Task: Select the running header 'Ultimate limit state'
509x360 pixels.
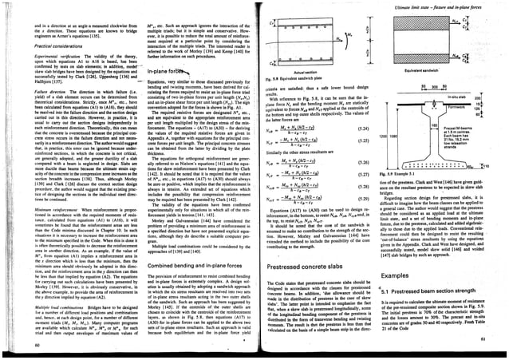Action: (449, 6)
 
